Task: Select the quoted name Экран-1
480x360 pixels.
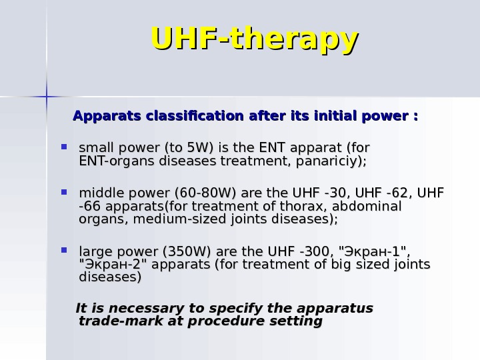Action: coord(373,252)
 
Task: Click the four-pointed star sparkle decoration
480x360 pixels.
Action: coord(47,97)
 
